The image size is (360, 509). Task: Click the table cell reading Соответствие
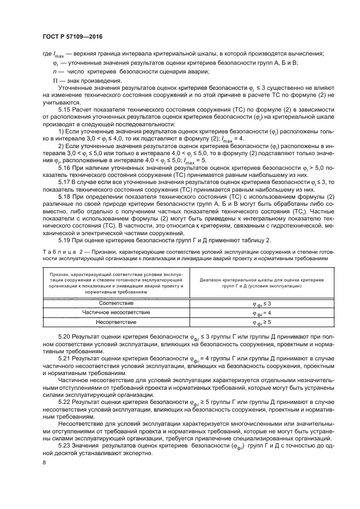(x=115, y=303)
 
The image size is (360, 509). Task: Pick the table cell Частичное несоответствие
(x=115, y=312)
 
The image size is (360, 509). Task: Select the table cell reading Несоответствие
(x=115, y=322)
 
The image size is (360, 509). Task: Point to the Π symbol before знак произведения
(x=54, y=81)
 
